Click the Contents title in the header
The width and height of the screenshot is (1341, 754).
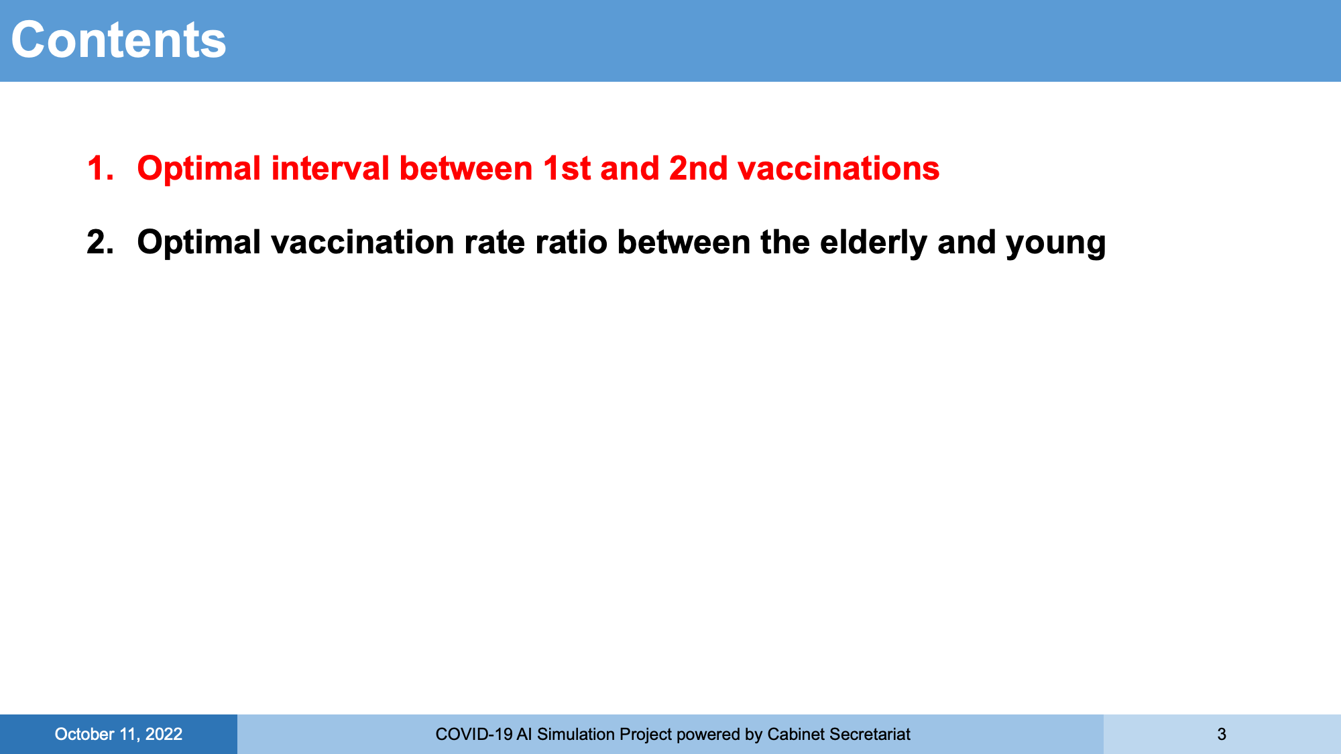click(119, 40)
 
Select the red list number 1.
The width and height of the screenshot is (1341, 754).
click(100, 168)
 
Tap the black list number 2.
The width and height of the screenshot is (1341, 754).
click(100, 242)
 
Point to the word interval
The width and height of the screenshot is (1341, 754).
click(331, 168)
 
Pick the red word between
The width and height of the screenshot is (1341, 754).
click(466, 168)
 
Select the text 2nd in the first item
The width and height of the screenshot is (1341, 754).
click(699, 168)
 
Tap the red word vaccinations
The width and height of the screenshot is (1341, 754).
click(839, 168)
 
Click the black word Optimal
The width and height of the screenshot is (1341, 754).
click(199, 243)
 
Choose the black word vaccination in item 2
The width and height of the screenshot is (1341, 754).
click(363, 242)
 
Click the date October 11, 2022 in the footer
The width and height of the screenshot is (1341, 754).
click(119, 735)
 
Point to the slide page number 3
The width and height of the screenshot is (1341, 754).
click(1222, 735)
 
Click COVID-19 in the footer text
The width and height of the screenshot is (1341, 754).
click(474, 735)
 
